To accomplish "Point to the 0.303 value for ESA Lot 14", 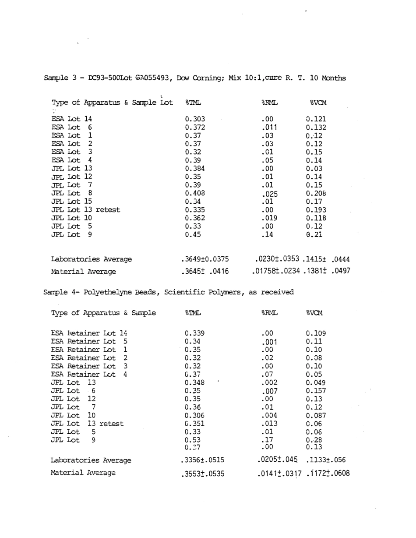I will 195,119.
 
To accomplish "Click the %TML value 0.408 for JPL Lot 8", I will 195,192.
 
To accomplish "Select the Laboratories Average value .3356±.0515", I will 202,460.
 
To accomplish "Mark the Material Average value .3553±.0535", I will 202,474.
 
